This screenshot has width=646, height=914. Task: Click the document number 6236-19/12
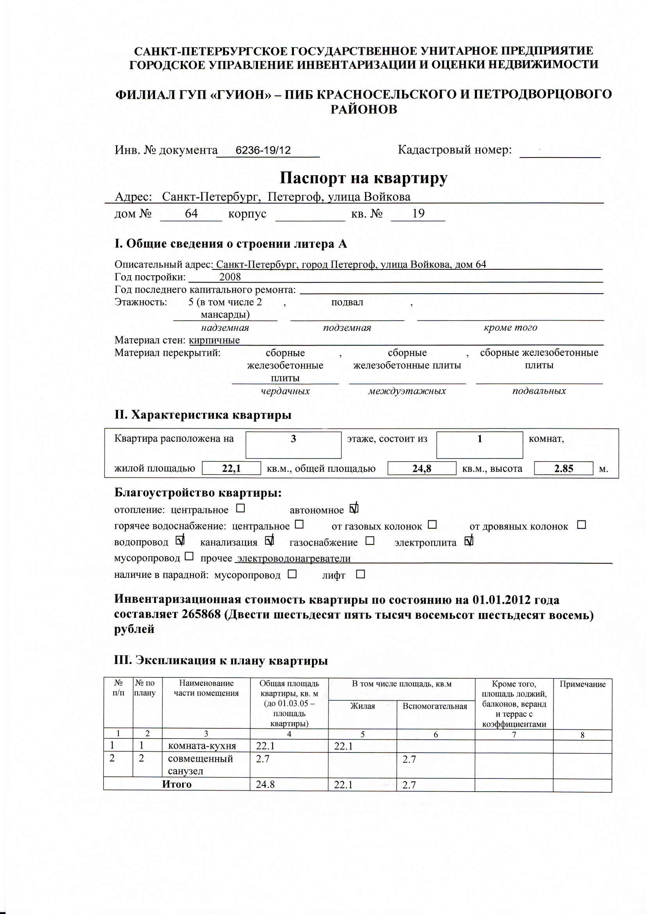pyautogui.click(x=263, y=150)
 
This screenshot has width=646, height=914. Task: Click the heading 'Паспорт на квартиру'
pyautogui.click(x=363, y=178)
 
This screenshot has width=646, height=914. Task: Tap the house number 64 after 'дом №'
pyautogui.click(x=191, y=213)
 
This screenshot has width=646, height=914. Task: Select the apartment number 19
pyautogui.click(x=418, y=213)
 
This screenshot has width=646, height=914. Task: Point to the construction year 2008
pyautogui.click(x=230, y=277)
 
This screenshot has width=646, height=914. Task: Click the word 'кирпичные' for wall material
pyautogui.click(x=214, y=340)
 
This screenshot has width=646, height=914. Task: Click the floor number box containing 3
pyautogui.click(x=293, y=444)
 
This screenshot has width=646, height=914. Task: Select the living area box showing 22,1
pyautogui.click(x=231, y=468)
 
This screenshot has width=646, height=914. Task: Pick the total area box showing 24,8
pyautogui.click(x=422, y=468)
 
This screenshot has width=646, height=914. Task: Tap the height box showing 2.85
pyautogui.click(x=563, y=468)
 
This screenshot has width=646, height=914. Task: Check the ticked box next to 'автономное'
pyautogui.click(x=354, y=509)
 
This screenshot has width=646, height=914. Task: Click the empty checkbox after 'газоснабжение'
pyautogui.click(x=370, y=541)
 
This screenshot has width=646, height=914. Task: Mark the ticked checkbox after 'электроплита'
pyautogui.click(x=469, y=541)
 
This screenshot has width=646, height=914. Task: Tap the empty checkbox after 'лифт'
pyautogui.click(x=360, y=574)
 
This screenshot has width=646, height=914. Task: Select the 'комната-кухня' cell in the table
pyautogui.click(x=202, y=746)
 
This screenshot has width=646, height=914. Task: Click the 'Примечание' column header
pyautogui.click(x=582, y=684)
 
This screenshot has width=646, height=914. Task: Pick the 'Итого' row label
pyautogui.click(x=176, y=784)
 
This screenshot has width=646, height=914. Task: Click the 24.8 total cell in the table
pyautogui.click(x=265, y=785)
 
